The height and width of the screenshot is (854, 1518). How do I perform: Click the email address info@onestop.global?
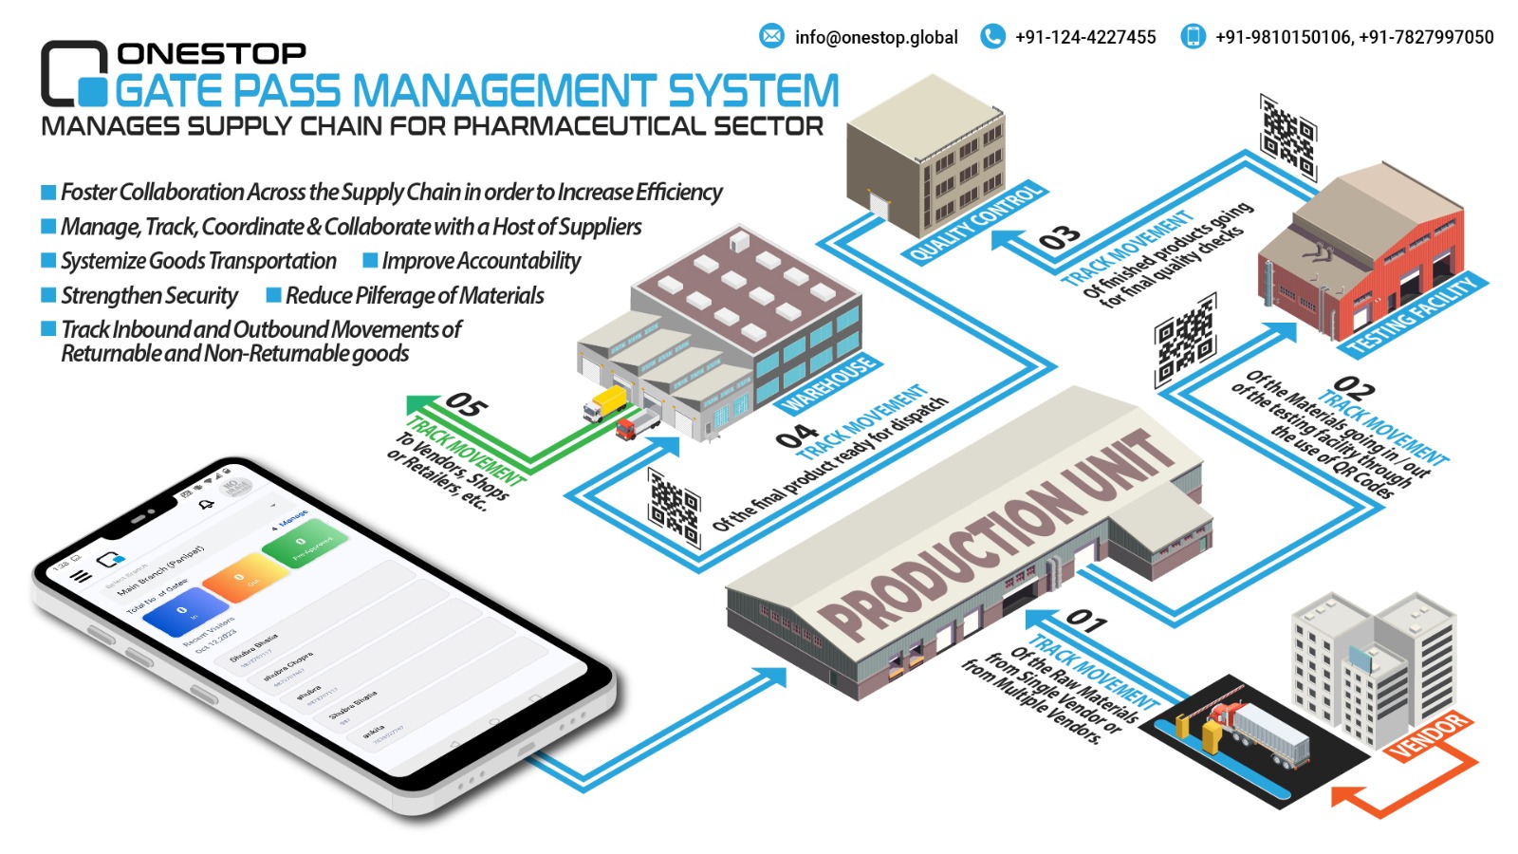pyautogui.click(x=876, y=37)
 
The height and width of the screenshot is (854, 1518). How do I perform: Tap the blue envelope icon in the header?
pyautogui.click(x=771, y=36)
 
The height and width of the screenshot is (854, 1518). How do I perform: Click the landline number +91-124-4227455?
pyautogui.click(x=1085, y=37)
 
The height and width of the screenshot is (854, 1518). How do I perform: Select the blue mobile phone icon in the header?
pyautogui.click(x=1192, y=36)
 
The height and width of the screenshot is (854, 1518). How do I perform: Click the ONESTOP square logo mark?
pyautogui.click(x=74, y=73)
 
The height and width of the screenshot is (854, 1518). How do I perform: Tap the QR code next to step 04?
pyautogui.click(x=674, y=507)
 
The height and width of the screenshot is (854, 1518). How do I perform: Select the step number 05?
pyautogui.click(x=466, y=405)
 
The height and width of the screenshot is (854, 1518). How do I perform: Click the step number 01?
pyautogui.click(x=1085, y=622)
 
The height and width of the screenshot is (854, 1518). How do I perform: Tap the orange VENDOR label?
pyautogui.click(x=1429, y=735)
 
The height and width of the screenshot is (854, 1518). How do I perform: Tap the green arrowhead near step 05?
pyautogui.click(x=418, y=406)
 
